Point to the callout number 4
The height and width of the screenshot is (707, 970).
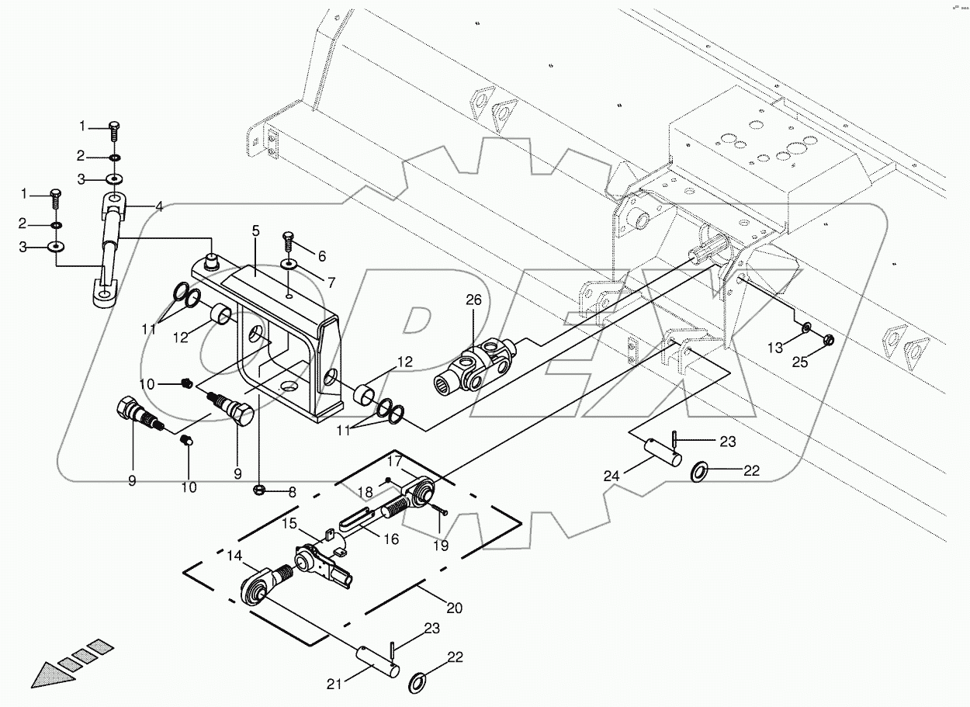point(158,206)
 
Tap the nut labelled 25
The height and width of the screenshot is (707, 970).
point(827,339)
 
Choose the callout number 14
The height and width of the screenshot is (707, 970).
point(234,555)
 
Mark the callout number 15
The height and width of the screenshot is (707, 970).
point(289,524)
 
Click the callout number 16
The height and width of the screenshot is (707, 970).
point(391,539)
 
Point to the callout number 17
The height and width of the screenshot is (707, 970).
point(395,460)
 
